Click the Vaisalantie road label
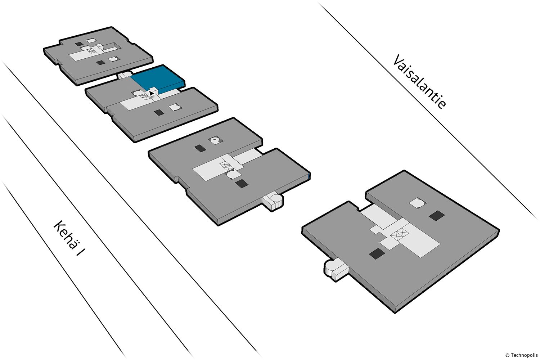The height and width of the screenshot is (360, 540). pyautogui.click(x=419, y=81)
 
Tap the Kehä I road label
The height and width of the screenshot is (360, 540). pyautogui.click(x=69, y=238)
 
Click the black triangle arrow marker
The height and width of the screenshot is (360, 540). pyautogui.click(x=152, y=93)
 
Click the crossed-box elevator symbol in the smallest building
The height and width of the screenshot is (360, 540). pyautogui.click(x=91, y=51)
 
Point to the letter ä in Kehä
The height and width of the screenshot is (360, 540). pyautogui.click(x=72, y=243)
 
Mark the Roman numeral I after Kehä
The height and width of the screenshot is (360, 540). pyautogui.click(x=81, y=252)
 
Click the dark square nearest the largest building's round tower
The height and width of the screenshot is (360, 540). pyautogui.click(x=377, y=254)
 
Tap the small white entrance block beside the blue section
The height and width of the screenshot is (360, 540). pyautogui.click(x=124, y=75)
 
